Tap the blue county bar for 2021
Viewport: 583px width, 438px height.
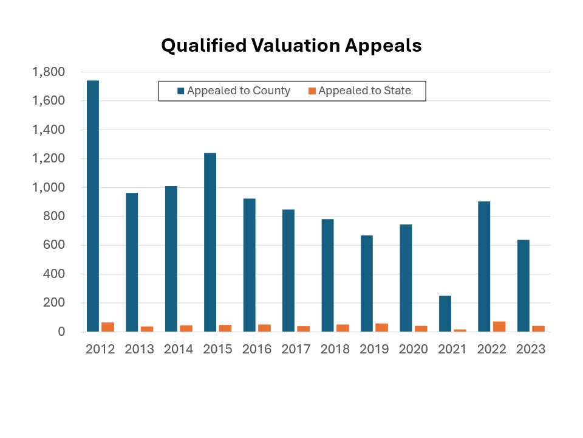[x=445, y=313]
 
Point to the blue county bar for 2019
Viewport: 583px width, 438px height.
[x=367, y=283]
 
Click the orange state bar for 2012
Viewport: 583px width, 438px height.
[x=107, y=327]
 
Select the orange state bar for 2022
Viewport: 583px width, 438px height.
[x=499, y=327]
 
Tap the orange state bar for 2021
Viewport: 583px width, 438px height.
[x=460, y=330]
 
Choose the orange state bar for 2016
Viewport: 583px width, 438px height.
[x=264, y=328]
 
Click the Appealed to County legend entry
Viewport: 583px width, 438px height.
[x=233, y=91]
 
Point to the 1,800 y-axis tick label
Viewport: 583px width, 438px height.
[x=48, y=72]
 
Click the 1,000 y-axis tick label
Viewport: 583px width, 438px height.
[x=48, y=187]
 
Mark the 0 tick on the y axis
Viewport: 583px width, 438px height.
[x=61, y=332]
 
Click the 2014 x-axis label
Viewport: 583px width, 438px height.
[x=179, y=350]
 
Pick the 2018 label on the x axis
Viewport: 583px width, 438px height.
[x=335, y=350]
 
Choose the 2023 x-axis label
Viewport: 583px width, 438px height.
[x=531, y=350]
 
